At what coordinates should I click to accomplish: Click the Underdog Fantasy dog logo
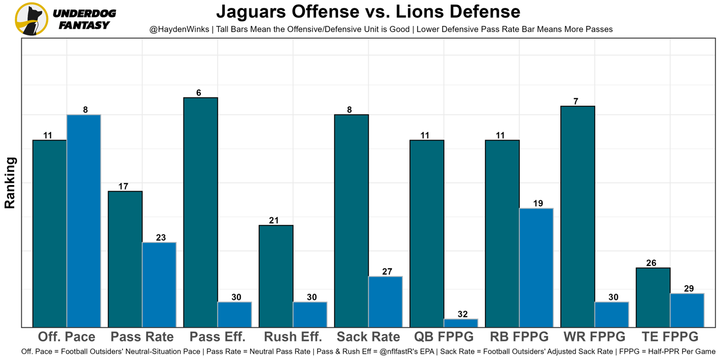click(x=31, y=19)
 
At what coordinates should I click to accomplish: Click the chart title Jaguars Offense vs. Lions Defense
click(x=368, y=11)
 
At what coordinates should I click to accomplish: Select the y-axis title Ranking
click(x=10, y=183)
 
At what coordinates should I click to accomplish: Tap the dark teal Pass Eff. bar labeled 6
click(x=200, y=212)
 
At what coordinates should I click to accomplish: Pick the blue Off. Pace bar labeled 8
click(x=84, y=220)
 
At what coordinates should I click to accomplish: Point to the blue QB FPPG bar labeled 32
click(x=461, y=323)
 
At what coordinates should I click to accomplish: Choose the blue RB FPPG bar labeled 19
click(x=536, y=267)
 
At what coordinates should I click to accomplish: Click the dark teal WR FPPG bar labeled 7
click(x=578, y=217)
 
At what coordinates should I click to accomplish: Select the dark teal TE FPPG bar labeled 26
click(x=653, y=297)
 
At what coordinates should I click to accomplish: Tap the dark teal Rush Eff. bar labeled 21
click(x=276, y=276)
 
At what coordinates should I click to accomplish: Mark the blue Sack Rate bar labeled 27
click(x=385, y=301)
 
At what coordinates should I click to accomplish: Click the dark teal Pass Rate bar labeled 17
click(x=125, y=259)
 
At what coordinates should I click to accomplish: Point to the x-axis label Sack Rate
click(x=368, y=337)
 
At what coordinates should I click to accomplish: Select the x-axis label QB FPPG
click(x=444, y=337)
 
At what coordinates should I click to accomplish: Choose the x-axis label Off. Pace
click(x=66, y=337)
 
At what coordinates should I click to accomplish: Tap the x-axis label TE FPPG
click(x=670, y=337)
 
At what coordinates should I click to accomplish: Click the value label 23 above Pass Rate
click(x=161, y=238)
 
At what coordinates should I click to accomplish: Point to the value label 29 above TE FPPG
click(x=688, y=289)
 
